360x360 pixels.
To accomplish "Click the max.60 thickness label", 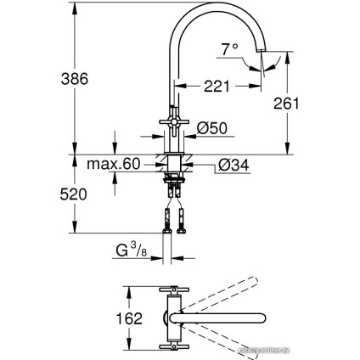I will [112, 164].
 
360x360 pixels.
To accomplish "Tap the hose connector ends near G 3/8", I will [173, 228].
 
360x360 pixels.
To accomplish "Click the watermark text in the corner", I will [327, 349].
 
